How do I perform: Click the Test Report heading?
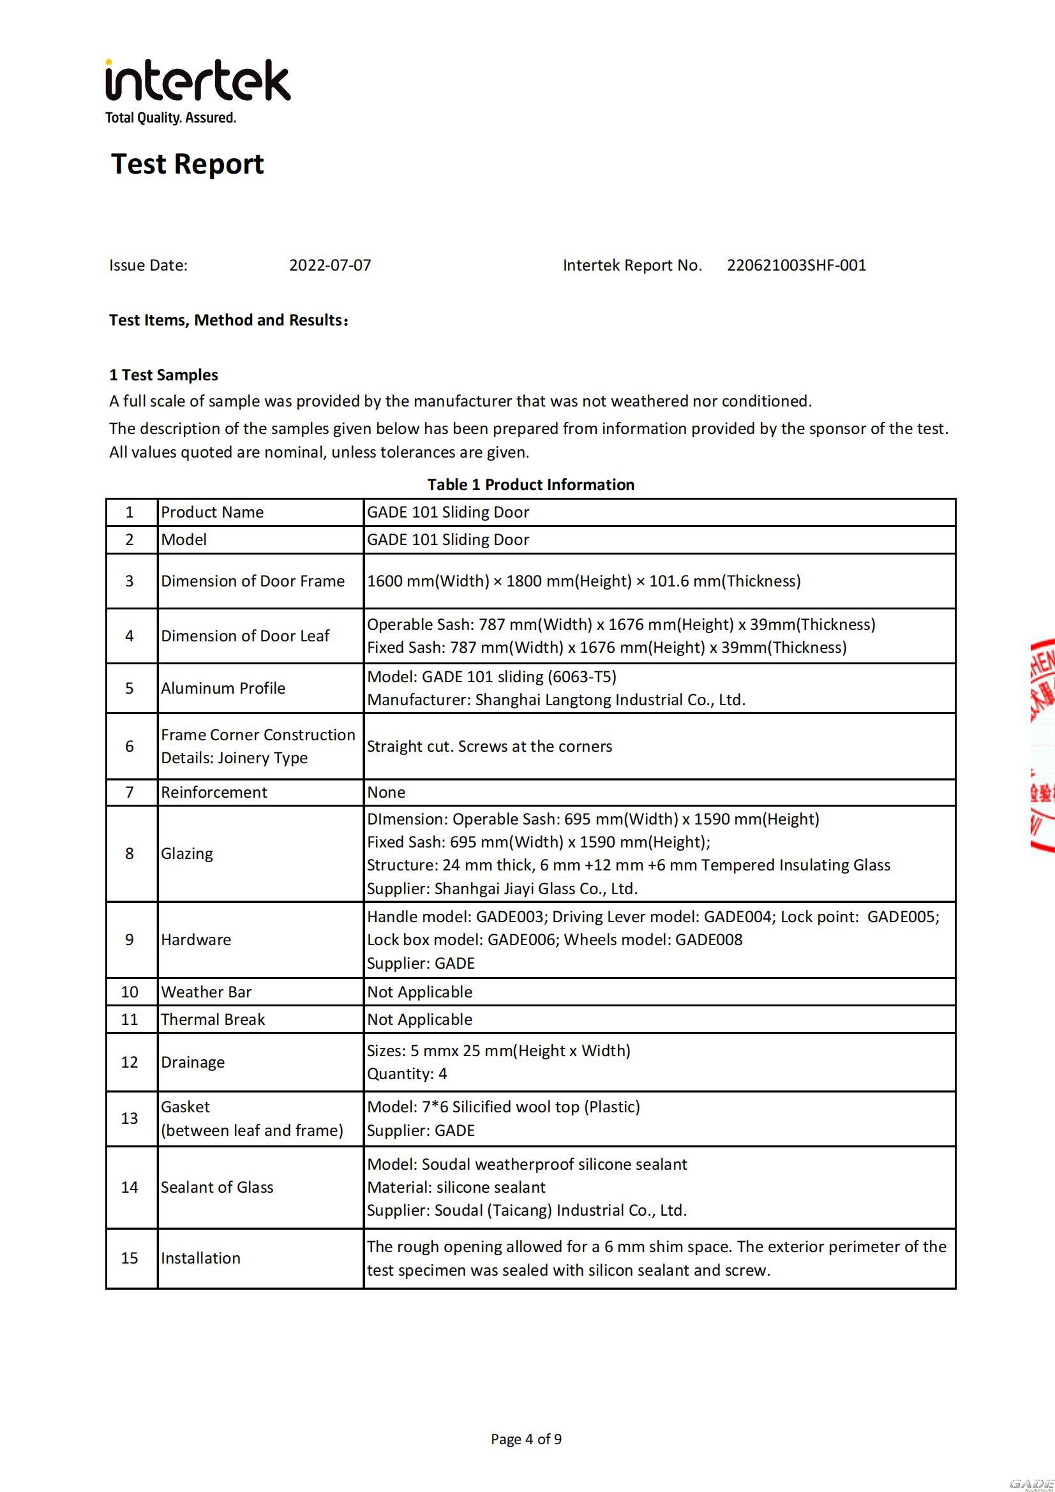187,164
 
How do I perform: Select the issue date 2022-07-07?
329,265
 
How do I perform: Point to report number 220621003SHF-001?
797,265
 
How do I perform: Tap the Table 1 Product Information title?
530,485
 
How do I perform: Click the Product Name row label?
212,512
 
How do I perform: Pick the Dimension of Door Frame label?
252,581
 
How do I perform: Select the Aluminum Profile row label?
223,688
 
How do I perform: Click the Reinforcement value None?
386,792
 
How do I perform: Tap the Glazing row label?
186,853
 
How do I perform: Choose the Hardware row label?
196,939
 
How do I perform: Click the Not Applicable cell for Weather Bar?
419,992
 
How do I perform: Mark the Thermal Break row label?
213,1019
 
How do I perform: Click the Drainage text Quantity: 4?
407,1073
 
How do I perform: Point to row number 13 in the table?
130,1118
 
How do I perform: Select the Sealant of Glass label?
217,1187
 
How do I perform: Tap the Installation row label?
200,1258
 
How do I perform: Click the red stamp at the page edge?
1042,747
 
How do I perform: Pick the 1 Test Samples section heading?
164,375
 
